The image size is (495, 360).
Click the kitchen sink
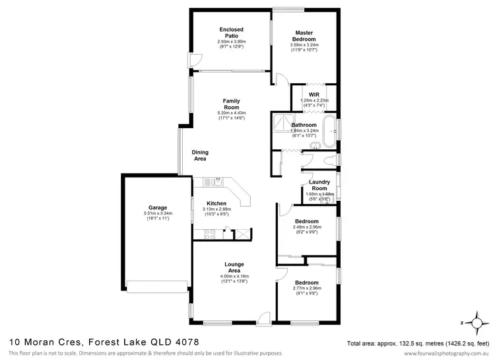tap(215, 180)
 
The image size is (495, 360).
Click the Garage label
tap(158, 207)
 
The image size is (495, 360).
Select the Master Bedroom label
tap(304, 36)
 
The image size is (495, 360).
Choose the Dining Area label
tap(200, 155)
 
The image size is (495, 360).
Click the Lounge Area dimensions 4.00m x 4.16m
tap(230, 275)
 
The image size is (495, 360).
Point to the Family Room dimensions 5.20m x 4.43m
tap(231, 113)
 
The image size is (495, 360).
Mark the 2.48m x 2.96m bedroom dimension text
tap(307, 227)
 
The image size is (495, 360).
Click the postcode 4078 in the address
tap(185, 342)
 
